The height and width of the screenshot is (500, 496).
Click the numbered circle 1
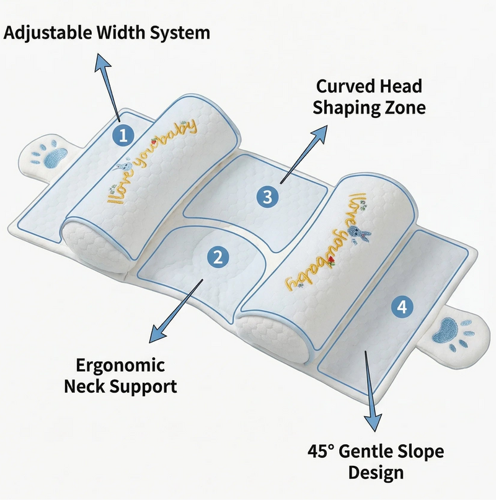(123, 136)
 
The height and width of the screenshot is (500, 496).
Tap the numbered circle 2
(216, 257)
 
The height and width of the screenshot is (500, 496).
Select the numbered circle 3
(267, 197)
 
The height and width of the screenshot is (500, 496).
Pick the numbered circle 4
(402, 306)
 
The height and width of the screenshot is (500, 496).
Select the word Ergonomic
(112, 365)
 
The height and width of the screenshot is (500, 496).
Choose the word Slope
(422, 451)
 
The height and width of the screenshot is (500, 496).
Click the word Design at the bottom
(376, 473)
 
